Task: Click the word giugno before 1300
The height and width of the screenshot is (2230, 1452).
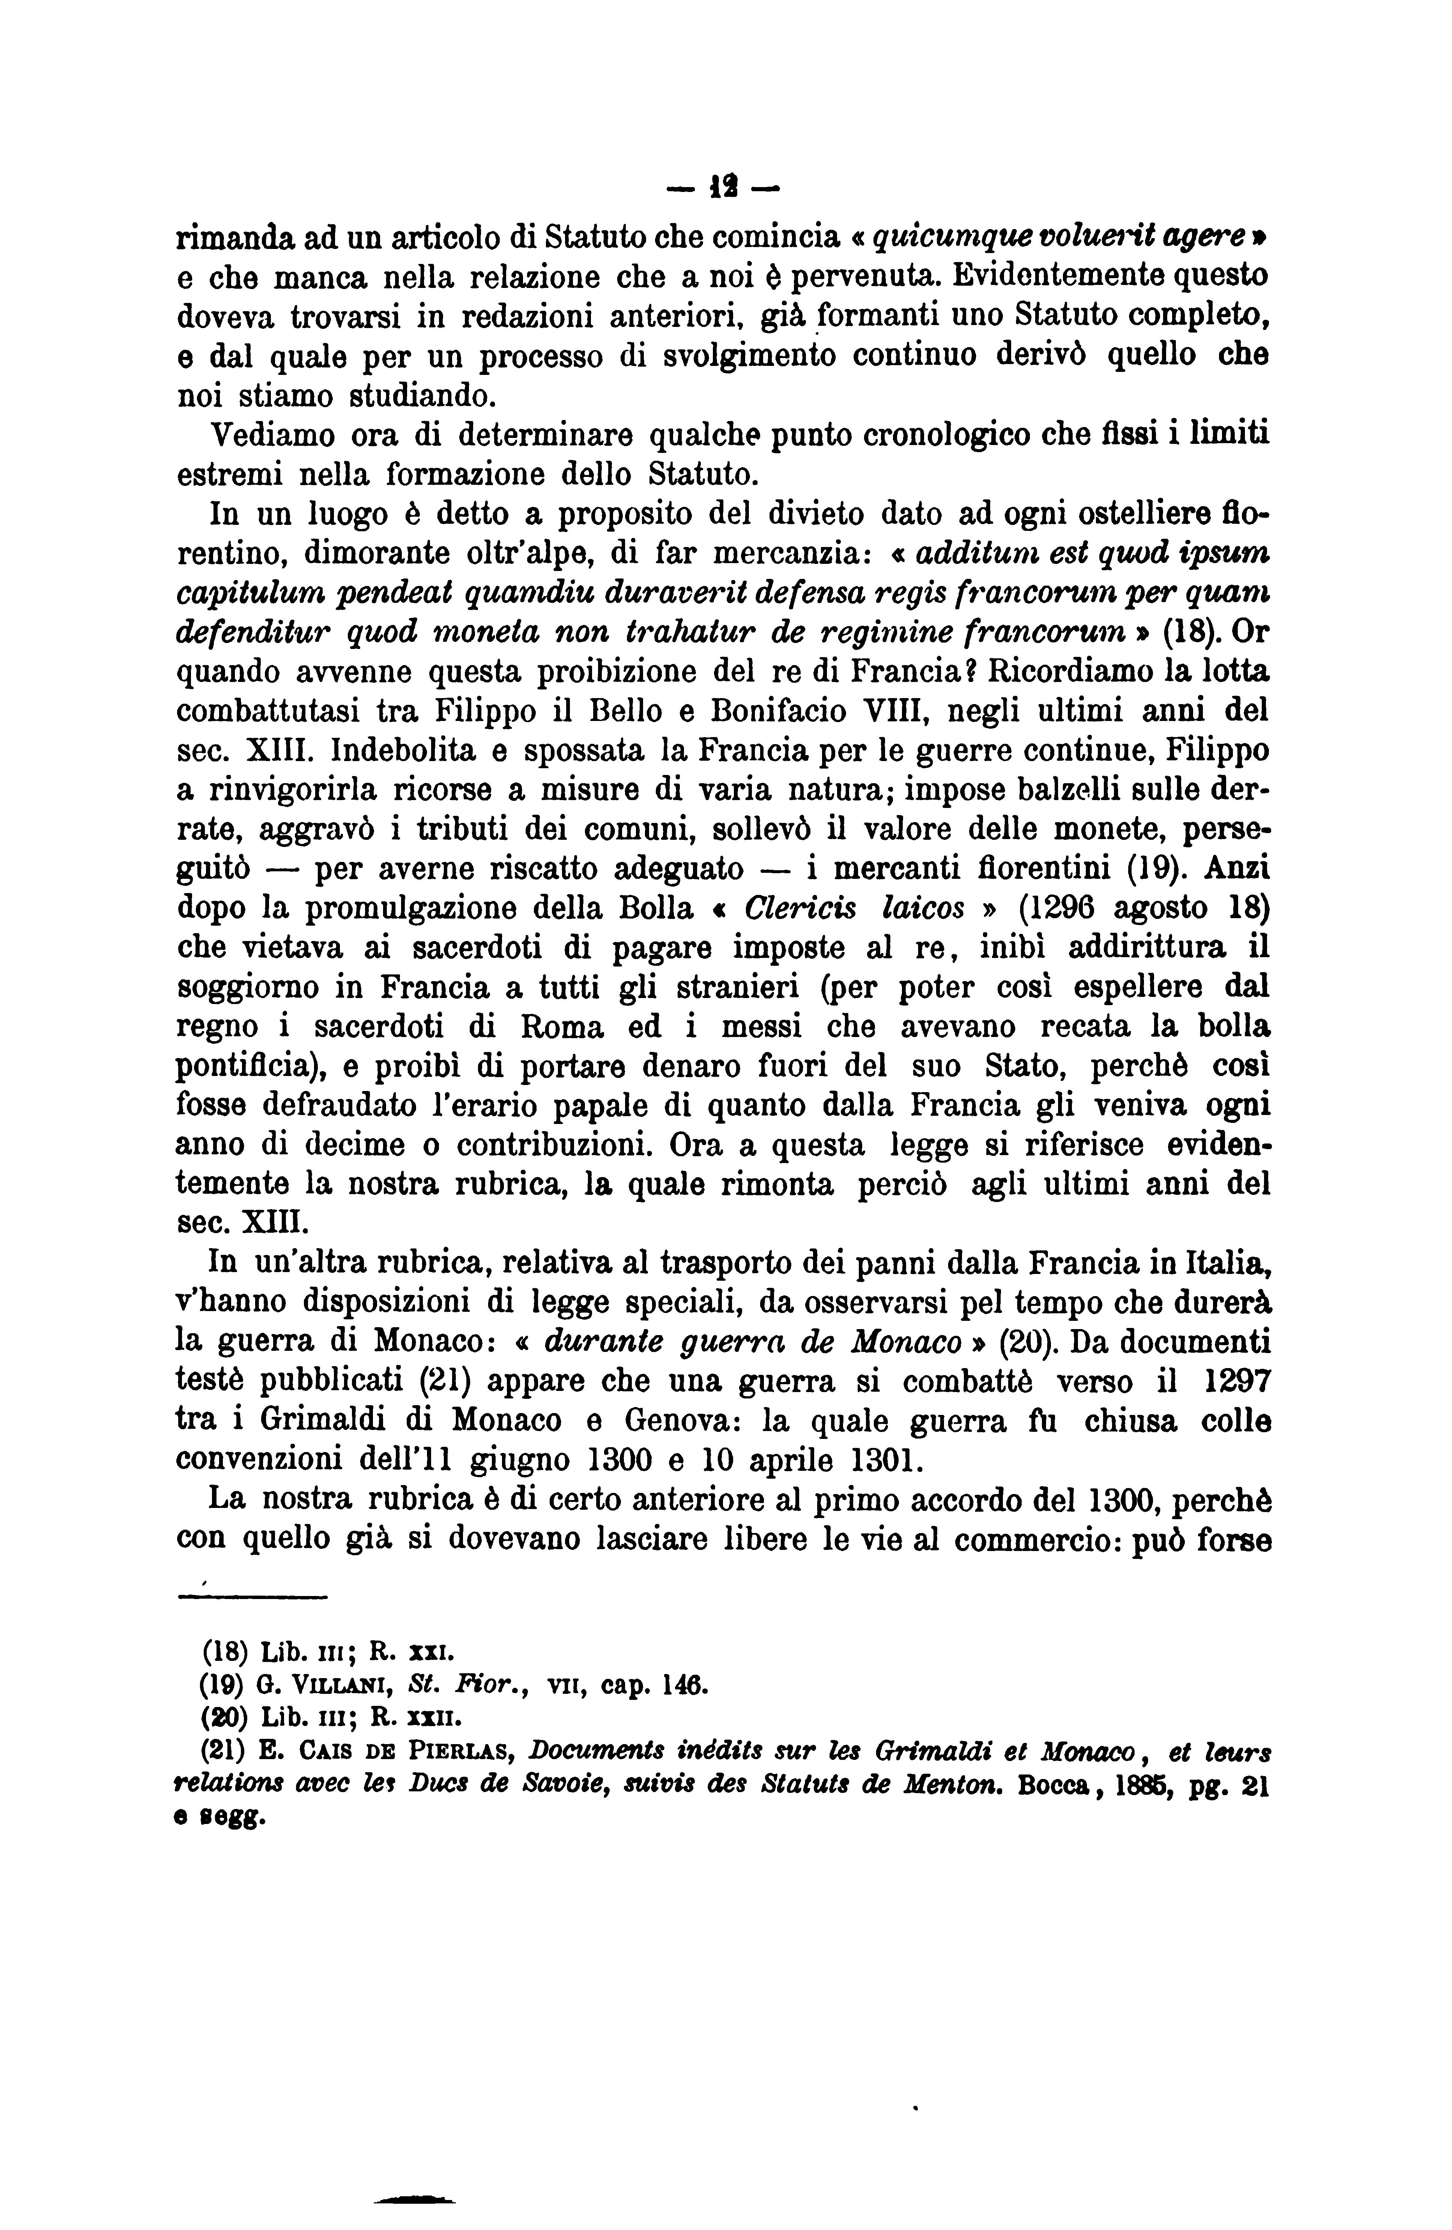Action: [x=519, y=1461]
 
